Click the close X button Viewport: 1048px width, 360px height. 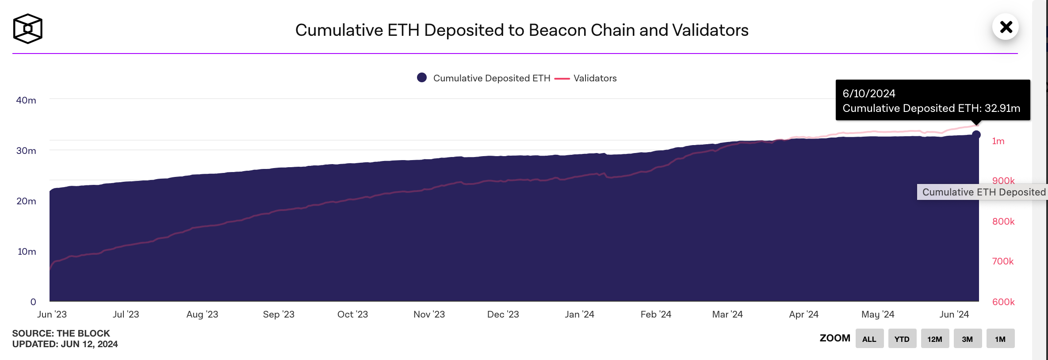(x=1006, y=27)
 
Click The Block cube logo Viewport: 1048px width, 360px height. (x=28, y=29)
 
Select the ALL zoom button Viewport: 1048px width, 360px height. (x=869, y=339)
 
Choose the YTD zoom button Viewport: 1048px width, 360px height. (x=902, y=339)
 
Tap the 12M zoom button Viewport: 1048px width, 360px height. (x=934, y=339)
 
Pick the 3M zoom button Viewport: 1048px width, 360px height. (x=967, y=339)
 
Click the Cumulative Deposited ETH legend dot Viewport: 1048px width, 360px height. (x=422, y=78)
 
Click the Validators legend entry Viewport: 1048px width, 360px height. (x=594, y=78)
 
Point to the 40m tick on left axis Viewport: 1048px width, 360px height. (x=26, y=100)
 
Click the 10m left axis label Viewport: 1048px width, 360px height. (x=27, y=252)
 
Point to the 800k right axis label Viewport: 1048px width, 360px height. (x=1003, y=222)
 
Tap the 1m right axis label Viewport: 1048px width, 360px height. (x=998, y=141)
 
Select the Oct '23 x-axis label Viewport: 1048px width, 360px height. (x=352, y=314)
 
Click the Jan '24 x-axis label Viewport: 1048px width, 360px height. (x=579, y=314)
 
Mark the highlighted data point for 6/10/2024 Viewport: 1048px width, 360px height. (x=976, y=134)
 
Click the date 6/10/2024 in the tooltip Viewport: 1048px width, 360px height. (x=868, y=94)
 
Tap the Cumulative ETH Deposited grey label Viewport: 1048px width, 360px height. (x=983, y=192)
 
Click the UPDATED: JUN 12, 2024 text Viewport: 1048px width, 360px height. (x=65, y=344)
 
